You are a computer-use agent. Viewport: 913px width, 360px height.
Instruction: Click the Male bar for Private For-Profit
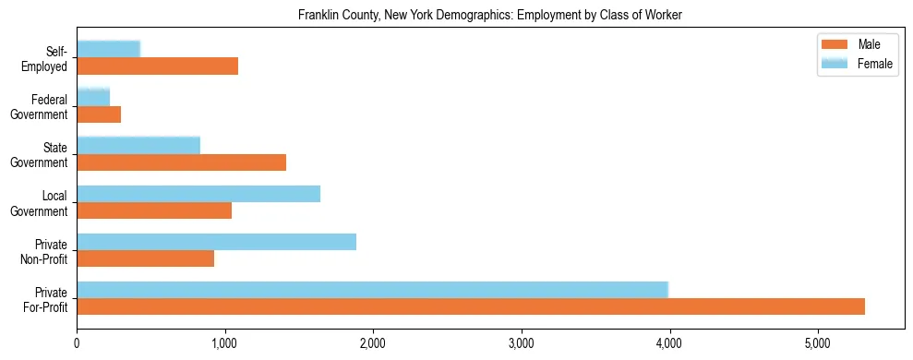point(471,306)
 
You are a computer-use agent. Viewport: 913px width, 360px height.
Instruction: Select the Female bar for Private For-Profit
point(372,290)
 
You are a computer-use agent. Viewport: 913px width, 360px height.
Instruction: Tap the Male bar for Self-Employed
point(158,66)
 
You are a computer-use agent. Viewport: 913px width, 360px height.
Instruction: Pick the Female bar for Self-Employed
point(109,49)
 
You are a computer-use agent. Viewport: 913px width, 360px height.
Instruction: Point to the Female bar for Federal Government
point(93,97)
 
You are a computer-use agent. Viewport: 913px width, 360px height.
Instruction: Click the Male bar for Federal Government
point(99,114)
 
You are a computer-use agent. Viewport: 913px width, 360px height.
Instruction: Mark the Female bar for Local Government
point(198,193)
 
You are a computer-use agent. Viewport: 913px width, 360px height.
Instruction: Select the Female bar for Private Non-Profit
point(217,242)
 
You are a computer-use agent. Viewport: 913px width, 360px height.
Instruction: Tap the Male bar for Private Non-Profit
point(146,258)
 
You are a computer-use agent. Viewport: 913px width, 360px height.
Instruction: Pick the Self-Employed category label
point(45,58)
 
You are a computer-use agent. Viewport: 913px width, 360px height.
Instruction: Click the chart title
point(489,16)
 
